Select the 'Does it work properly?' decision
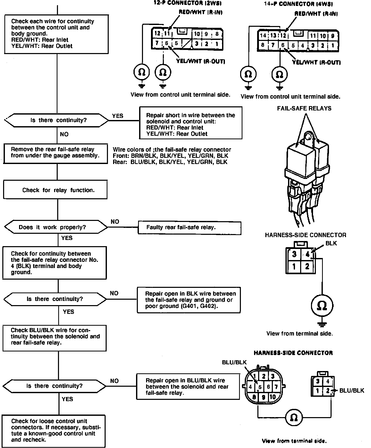(56, 227)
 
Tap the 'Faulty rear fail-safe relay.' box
(189, 228)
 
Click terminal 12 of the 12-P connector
(157, 33)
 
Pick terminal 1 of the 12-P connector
(217, 44)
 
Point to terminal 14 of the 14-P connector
(263, 36)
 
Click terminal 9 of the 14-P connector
(333, 36)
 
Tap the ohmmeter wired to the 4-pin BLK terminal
(322, 306)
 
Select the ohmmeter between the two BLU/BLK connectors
(294, 418)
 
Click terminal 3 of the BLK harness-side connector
(294, 254)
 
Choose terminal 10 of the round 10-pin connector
(272, 397)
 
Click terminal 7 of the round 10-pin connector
(276, 387)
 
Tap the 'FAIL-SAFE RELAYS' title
(304, 108)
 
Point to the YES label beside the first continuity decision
(118, 116)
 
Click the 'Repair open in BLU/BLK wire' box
(188, 386)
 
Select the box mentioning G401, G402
(189, 300)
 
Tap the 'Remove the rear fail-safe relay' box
(55, 153)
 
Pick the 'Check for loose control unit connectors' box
(54, 431)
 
